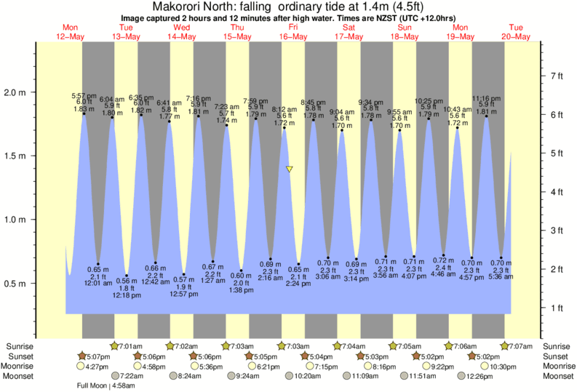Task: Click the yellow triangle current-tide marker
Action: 290,169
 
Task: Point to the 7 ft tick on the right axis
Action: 556,76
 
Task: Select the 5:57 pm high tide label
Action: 84,96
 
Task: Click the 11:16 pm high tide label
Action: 485,97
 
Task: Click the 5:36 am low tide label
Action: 501,276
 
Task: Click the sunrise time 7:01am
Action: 130,345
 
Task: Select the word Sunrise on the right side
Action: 552,346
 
